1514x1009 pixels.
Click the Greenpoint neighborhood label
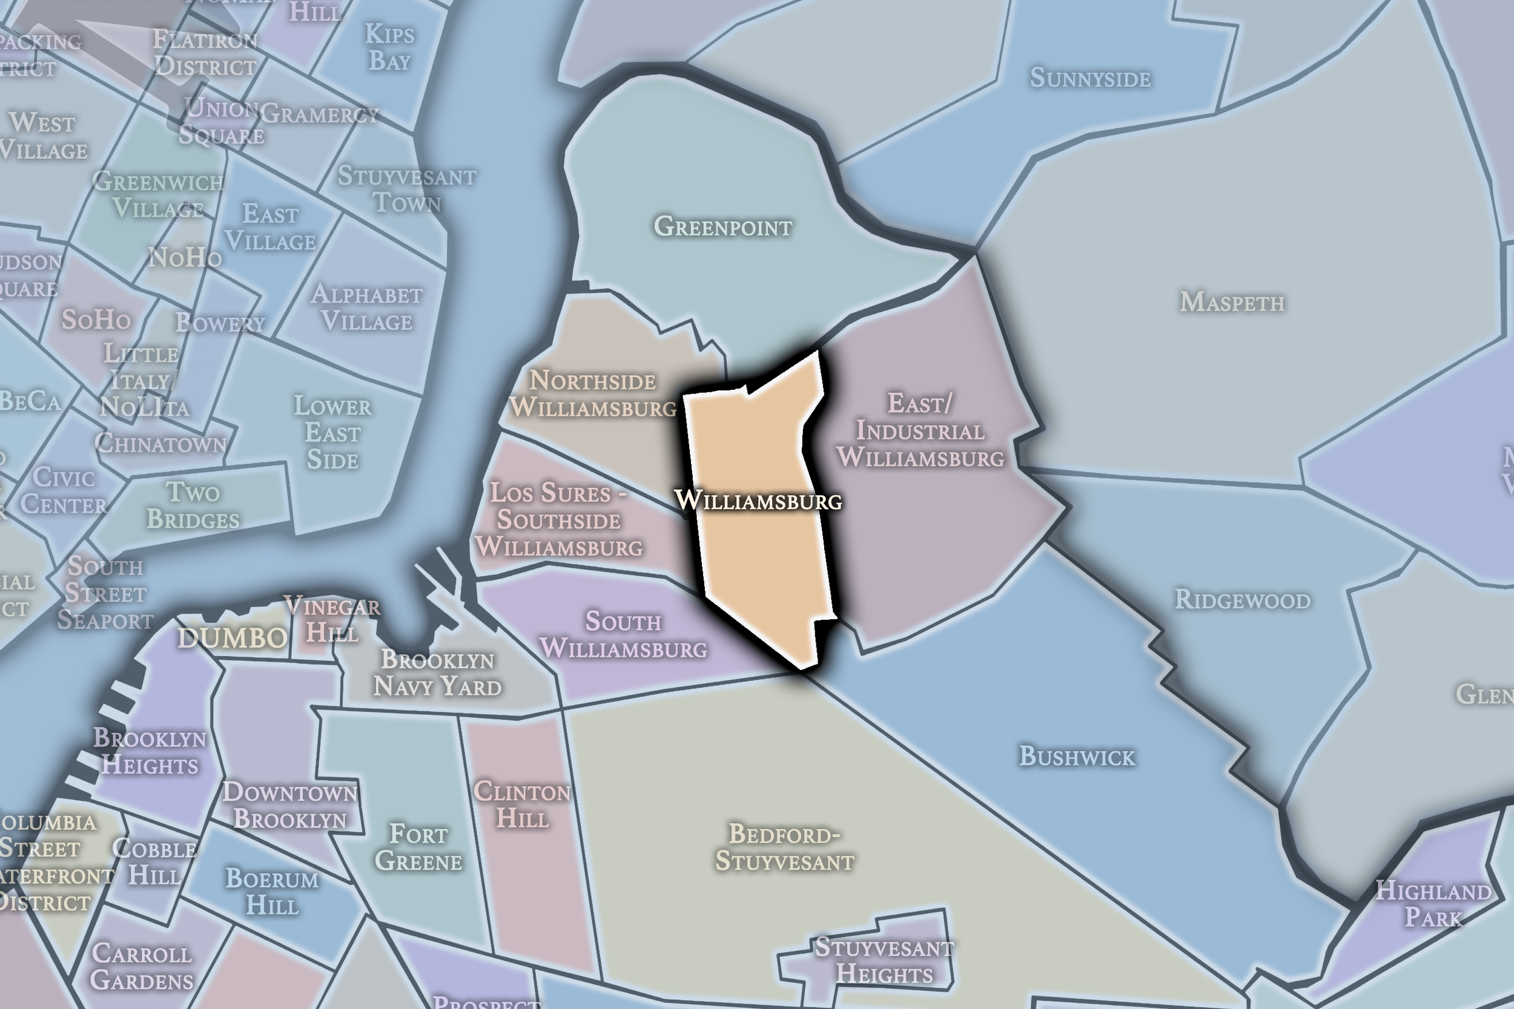click(723, 226)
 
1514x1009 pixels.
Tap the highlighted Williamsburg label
click(758, 500)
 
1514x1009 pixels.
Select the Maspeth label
click(1232, 302)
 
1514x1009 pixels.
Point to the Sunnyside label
click(1090, 79)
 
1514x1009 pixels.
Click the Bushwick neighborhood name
click(1077, 756)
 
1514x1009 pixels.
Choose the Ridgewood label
click(1242, 600)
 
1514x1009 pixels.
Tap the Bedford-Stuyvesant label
click(785, 847)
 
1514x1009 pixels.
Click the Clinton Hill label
click(522, 805)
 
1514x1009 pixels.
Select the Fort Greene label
click(418, 847)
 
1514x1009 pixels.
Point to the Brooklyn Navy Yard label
click(438, 673)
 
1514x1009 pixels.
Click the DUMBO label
click(233, 638)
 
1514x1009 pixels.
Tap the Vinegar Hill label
click(332, 619)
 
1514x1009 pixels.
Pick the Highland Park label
click(1433, 904)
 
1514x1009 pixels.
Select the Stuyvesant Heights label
click(884, 961)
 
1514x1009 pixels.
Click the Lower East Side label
click(332, 433)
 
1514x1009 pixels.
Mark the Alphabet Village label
click(367, 307)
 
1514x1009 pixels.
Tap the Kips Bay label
click(389, 48)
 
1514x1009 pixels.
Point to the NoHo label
click(185, 257)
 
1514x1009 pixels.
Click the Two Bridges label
click(193, 506)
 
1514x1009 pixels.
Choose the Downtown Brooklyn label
click(289, 806)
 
